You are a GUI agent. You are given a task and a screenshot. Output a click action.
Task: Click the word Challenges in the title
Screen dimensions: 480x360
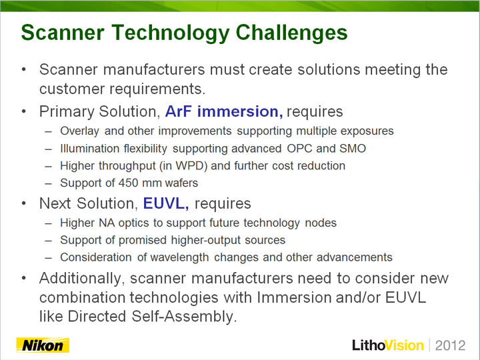point(292,33)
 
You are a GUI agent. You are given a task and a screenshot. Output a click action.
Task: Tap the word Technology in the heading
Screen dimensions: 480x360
point(171,33)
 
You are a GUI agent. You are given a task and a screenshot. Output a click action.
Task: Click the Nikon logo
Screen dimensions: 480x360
point(43,345)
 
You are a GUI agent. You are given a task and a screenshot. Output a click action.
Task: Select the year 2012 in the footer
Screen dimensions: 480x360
point(450,345)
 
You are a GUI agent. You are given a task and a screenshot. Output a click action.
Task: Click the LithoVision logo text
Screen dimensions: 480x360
point(388,345)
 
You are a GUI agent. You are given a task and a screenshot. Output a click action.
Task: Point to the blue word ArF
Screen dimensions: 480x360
point(179,111)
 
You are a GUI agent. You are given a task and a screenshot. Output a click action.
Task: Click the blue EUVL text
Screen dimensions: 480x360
point(165,203)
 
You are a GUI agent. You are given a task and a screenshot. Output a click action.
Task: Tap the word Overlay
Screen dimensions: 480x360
point(79,131)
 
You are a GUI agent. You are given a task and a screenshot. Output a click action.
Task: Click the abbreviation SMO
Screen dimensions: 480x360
point(353,149)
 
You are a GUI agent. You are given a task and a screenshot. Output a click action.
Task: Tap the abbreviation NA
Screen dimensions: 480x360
point(107,223)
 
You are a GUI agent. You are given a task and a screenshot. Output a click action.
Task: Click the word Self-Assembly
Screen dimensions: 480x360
point(184,317)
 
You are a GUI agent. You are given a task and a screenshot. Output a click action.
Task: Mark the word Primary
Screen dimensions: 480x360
point(67,112)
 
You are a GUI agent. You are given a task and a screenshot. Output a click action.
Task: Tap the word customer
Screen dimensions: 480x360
point(72,89)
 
